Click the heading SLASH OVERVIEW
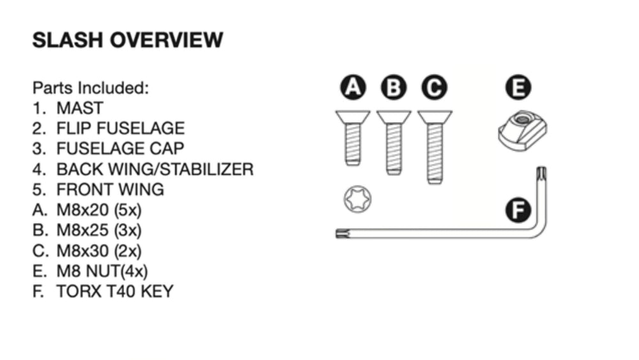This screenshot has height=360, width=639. click(128, 40)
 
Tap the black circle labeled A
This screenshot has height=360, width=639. click(353, 87)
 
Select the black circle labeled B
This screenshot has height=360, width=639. click(394, 87)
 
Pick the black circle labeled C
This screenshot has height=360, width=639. click(435, 87)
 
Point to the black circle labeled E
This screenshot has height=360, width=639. click(518, 87)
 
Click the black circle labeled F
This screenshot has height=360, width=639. click(518, 210)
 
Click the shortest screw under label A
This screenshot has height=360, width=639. click(353, 138)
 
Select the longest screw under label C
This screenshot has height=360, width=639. click(435, 147)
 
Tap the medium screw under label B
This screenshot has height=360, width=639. click(394, 143)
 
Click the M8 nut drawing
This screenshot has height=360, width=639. click(523, 130)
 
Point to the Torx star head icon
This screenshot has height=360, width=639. click(357, 199)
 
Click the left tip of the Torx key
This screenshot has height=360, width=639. click(337, 233)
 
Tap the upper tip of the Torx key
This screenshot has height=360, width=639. click(542, 168)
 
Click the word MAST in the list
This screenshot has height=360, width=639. click(80, 108)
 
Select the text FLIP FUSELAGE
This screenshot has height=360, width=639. click(121, 129)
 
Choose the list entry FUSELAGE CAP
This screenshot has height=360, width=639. click(120, 149)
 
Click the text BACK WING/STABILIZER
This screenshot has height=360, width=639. click(155, 169)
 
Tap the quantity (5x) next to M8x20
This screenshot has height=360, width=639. click(128, 210)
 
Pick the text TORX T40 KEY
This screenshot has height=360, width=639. click(115, 292)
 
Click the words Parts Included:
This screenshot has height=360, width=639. click(91, 88)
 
